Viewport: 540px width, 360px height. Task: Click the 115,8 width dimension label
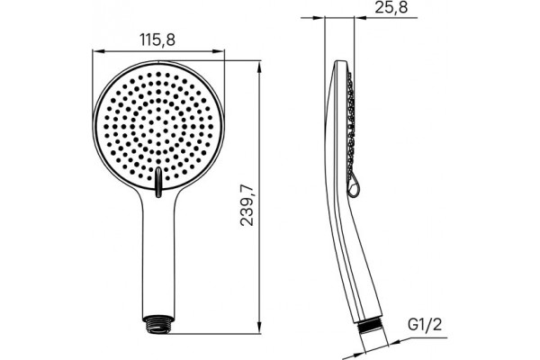coord(157,40)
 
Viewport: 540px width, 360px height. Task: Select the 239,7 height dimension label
coord(247,205)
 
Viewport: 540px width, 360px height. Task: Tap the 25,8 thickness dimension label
coord(391,7)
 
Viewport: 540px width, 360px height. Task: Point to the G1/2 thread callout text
coord(424,325)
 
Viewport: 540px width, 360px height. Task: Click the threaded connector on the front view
coord(158,324)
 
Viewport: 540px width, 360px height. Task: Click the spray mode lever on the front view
coord(158,182)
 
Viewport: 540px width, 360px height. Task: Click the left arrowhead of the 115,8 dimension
coord(98,51)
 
